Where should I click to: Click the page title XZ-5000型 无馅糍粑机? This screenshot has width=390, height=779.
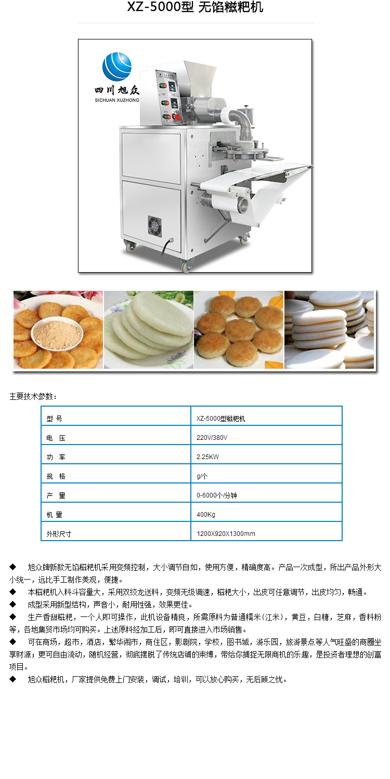tap(195, 7)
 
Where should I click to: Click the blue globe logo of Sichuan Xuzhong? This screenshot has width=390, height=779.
tap(117, 66)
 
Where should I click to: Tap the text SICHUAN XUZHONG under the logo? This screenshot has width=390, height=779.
tap(117, 100)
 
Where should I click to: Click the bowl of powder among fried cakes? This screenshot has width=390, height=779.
tap(57, 334)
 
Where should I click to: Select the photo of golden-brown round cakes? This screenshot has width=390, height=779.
tap(239, 330)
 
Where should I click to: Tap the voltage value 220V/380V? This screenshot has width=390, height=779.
tap(212, 437)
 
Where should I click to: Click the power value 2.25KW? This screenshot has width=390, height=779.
tap(207, 456)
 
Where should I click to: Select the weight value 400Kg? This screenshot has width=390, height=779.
tap(206, 514)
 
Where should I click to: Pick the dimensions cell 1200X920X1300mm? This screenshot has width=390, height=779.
tap(226, 533)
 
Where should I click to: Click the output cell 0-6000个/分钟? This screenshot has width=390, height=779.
tap(217, 495)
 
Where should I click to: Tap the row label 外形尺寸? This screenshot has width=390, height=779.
tap(59, 534)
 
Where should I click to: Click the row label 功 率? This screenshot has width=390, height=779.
tap(56, 457)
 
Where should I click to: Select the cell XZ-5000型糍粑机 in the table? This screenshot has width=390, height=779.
tap(221, 419)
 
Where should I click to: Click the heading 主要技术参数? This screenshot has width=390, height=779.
tap(33, 396)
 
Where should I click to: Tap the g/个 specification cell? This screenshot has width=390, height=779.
tap(202, 476)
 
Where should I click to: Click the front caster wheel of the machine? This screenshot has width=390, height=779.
tap(186, 266)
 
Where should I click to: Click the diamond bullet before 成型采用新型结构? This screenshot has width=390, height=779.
tap(13, 604)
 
